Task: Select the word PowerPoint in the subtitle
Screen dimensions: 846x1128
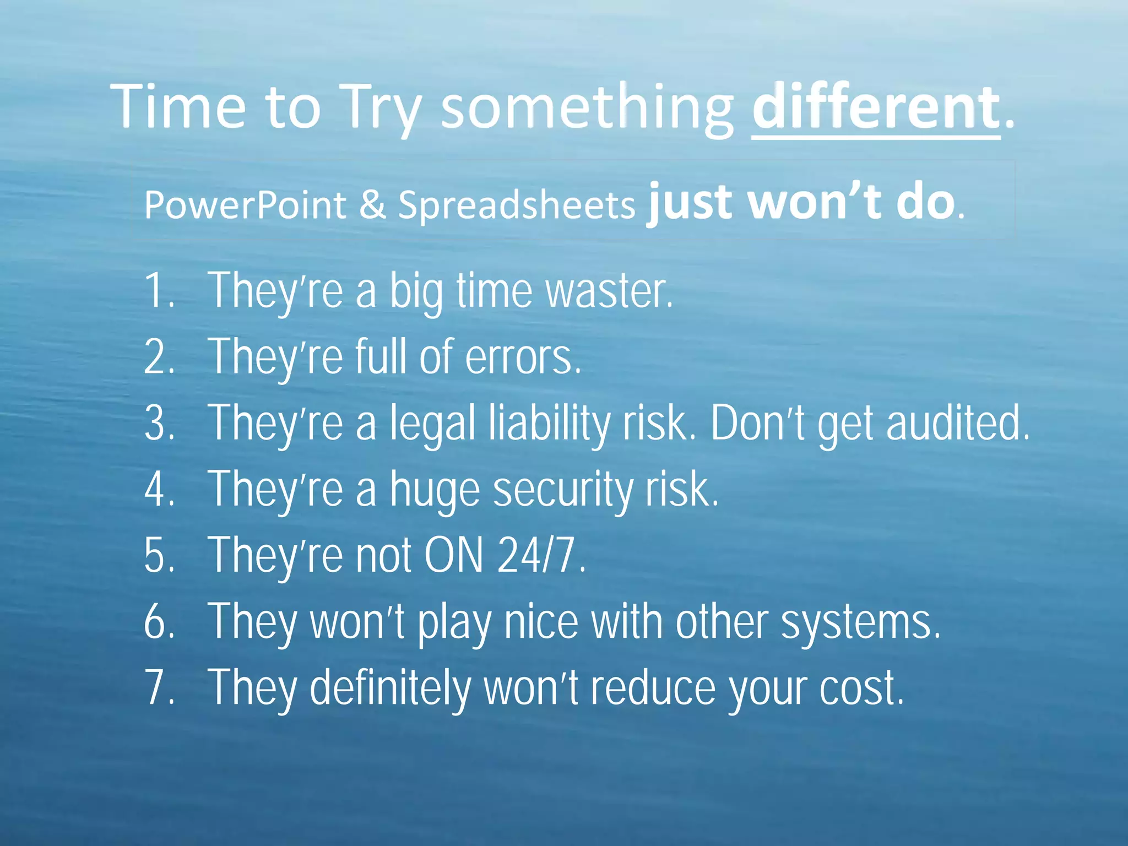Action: (x=245, y=205)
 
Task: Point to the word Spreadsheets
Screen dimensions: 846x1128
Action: (x=517, y=205)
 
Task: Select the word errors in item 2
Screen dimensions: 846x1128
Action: (x=523, y=357)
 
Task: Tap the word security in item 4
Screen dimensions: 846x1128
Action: (x=562, y=489)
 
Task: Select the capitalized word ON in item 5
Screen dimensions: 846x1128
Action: (x=454, y=555)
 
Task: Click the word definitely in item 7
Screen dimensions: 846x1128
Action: (x=390, y=687)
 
